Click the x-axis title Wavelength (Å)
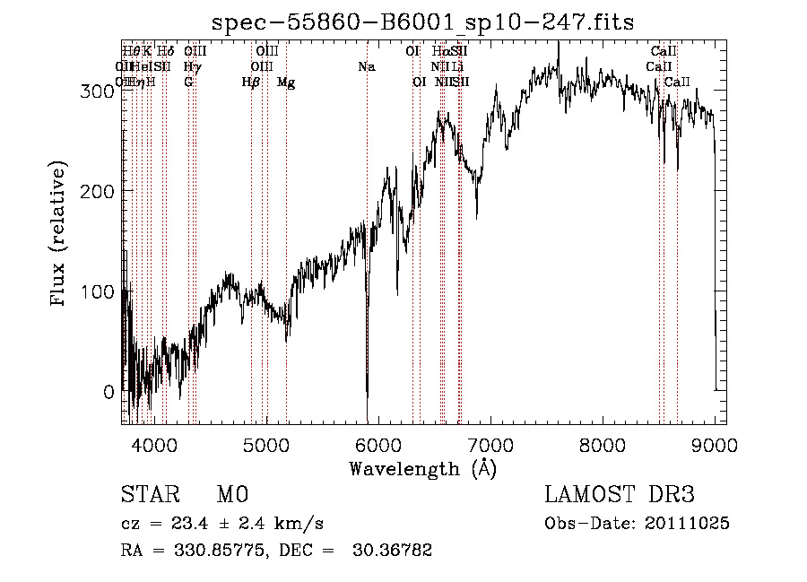pyautogui.click(x=422, y=467)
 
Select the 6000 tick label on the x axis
pyautogui.click(x=378, y=444)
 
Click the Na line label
pyautogui.click(x=366, y=66)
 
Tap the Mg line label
pyautogui.click(x=286, y=83)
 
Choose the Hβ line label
pyautogui.click(x=251, y=83)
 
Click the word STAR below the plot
pyautogui.click(x=150, y=494)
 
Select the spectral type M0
pyautogui.click(x=231, y=494)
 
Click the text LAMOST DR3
pyautogui.click(x=619, y=494)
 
